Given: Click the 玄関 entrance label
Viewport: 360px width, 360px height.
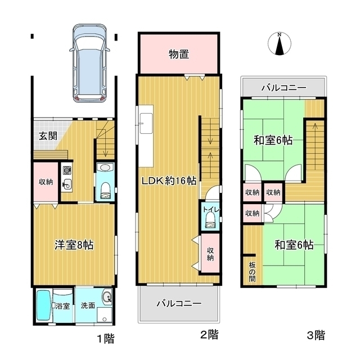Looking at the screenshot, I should pyautogui.click(x=47, y=136).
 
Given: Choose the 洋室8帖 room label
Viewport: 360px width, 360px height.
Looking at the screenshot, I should pyautogui.click(x=74, y=245).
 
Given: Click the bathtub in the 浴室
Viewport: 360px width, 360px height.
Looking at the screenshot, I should pyautogui.click(x=43, y=305).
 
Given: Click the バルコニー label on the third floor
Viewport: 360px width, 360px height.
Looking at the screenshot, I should pyautogui.click(x=283, y=88).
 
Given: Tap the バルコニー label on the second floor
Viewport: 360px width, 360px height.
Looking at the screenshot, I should pyautogui.click(x=178, y=303).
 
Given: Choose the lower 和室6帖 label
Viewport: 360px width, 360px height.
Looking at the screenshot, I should pyautogui.click(x=294, y=245).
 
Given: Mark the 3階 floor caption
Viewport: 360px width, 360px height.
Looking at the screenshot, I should pyautogui.click(x=316, y=336).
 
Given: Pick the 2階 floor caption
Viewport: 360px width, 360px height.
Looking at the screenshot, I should pyautogui.click(x=209, y=336).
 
